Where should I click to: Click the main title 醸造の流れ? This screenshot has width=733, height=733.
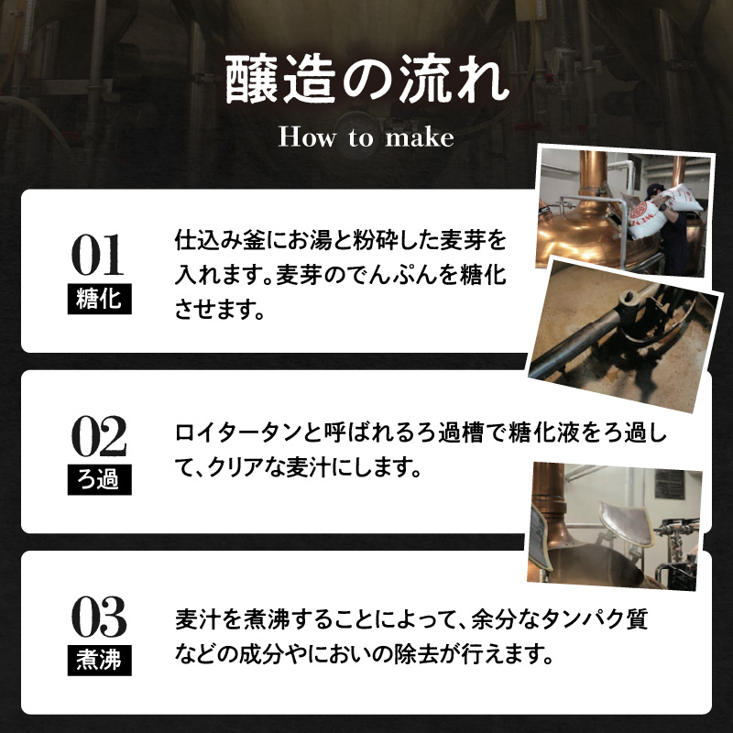[366, 80]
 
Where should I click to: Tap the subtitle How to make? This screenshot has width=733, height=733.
[366, 137]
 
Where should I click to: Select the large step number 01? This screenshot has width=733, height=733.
[98, 256]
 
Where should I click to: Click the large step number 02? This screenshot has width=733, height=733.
[99, 436]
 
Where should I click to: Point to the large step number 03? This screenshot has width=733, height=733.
[99, 617]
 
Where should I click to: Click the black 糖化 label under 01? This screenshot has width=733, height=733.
[100, 299]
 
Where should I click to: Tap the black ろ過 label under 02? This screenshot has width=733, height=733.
[100, 479]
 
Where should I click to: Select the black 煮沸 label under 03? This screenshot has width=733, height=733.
[100, 661]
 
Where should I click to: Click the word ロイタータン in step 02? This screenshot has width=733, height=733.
[238, 432]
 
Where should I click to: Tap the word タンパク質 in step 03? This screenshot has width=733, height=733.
[594, 619]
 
